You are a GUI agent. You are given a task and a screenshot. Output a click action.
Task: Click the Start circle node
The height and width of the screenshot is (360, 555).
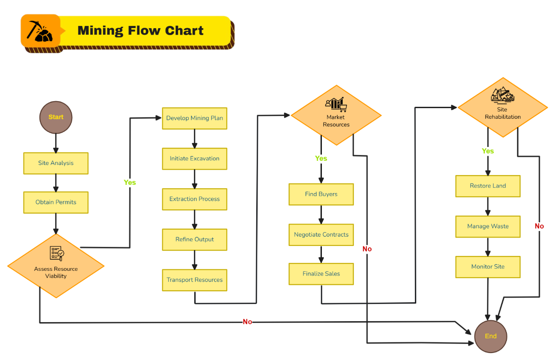tap(56, 117)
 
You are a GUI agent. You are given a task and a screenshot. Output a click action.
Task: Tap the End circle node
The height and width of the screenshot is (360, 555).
tap(491, 336)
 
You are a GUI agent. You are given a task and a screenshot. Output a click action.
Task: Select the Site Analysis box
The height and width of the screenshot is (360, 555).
tap(56, 163)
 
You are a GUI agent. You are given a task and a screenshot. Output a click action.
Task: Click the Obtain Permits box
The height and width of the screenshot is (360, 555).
tap(56, 202)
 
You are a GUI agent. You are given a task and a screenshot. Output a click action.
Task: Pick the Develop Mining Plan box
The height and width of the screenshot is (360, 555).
tap(194, 118)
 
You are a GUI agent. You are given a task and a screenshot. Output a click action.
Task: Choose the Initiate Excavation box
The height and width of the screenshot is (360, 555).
tap(194, 159)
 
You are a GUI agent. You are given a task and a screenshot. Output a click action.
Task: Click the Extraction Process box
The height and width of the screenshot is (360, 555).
tap(194, 199)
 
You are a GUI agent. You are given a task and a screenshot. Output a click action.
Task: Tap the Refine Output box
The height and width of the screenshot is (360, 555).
tap(194, 239)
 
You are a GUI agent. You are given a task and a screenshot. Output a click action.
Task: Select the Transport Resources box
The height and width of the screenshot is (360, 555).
tap(194, 280)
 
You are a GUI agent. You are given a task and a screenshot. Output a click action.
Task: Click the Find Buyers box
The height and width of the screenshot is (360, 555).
tap(321, 194)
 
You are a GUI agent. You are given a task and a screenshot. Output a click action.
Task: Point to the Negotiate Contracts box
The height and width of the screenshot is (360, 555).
tap(321, 235)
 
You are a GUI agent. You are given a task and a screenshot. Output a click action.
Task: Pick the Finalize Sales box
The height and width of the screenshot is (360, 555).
tap(321, 274)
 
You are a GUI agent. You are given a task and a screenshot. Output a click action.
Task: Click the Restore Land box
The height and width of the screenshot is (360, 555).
tap(487, 186)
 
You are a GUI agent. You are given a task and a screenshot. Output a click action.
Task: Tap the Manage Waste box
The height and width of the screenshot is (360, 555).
tap(487, 226)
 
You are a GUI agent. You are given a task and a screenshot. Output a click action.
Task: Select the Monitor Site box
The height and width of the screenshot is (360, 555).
tap(487, 267)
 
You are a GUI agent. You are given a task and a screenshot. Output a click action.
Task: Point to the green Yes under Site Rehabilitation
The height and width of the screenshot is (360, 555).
tap(487, 151)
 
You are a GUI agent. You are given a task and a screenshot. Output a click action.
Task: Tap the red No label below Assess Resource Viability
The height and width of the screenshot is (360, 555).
tap(247, 322)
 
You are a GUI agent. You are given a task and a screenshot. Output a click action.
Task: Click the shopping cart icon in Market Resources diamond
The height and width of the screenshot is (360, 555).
tap(343, 108)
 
